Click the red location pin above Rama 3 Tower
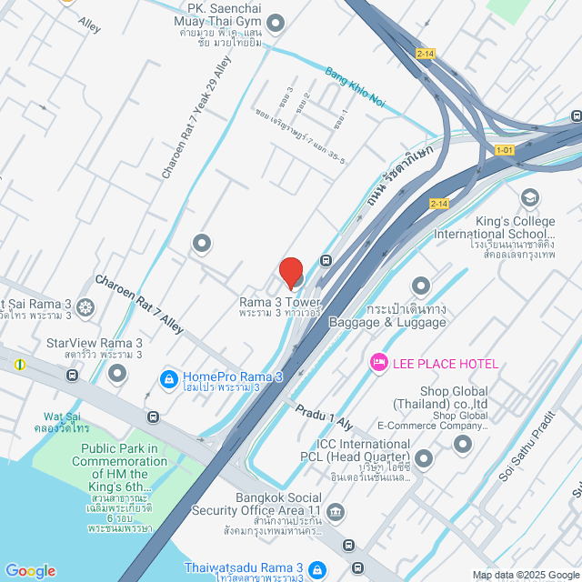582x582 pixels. click(x=290, y=272)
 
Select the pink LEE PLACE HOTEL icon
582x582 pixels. click(x=377, y=363)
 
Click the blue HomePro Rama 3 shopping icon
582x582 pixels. click(x=167, y=376)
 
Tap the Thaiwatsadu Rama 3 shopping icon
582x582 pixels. click(x=316, y=568)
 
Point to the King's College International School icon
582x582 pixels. click(x=529, y=197)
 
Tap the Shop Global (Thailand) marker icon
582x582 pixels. click(x=463, y=444)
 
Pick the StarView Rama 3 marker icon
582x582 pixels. click(x=115, y=371)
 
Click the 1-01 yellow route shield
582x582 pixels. click(x=505, y=150)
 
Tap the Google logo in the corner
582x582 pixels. click(x=30, y=570)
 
